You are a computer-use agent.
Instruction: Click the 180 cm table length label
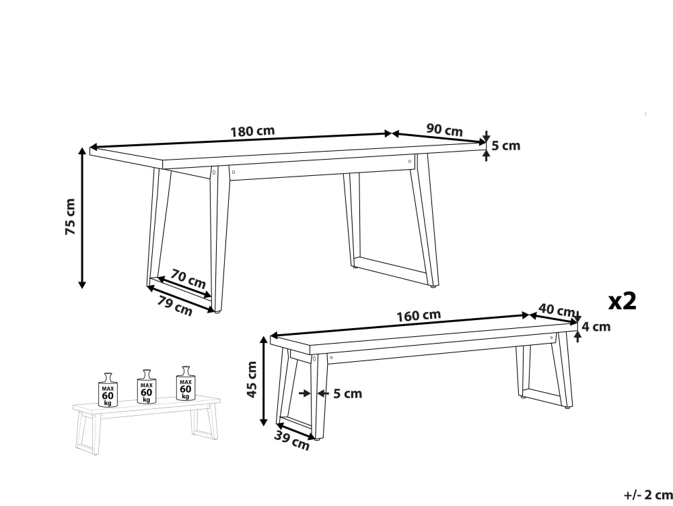pos(252,131)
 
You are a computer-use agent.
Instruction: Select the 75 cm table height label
pos(71,216)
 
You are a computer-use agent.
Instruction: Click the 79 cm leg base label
pos(174,306)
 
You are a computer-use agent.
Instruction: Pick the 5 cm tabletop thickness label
pos(505,146)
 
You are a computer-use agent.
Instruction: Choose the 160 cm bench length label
pos(419,316)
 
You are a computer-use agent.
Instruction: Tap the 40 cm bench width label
pos(557,310)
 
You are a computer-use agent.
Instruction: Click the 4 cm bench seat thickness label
pos(596,327)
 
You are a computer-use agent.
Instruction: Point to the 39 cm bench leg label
pos(292,440)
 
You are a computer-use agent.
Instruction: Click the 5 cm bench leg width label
pos(348,393)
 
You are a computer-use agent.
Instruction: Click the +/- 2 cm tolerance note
pos(648,495)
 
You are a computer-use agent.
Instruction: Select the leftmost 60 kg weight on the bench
pos(108,390)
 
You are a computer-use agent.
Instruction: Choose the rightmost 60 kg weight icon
pos(186,383)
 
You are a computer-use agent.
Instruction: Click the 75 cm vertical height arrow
pos(82,218)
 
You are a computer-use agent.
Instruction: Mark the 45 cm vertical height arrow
pos(264,380)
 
